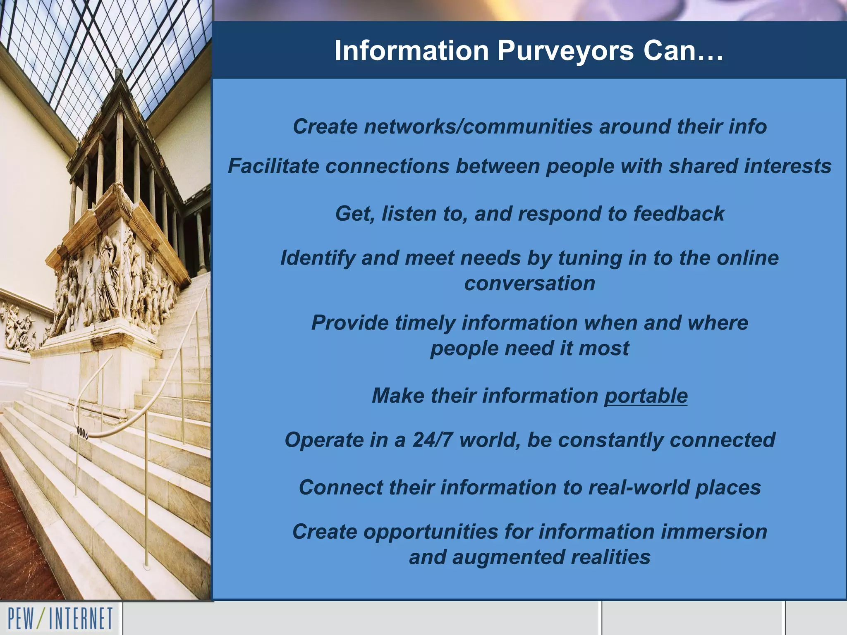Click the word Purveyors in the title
point(565,51)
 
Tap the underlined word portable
point(646,396)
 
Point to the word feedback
point(679,214)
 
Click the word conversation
point(529,284)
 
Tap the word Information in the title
point(412,51)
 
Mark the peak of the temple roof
point(119,71)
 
